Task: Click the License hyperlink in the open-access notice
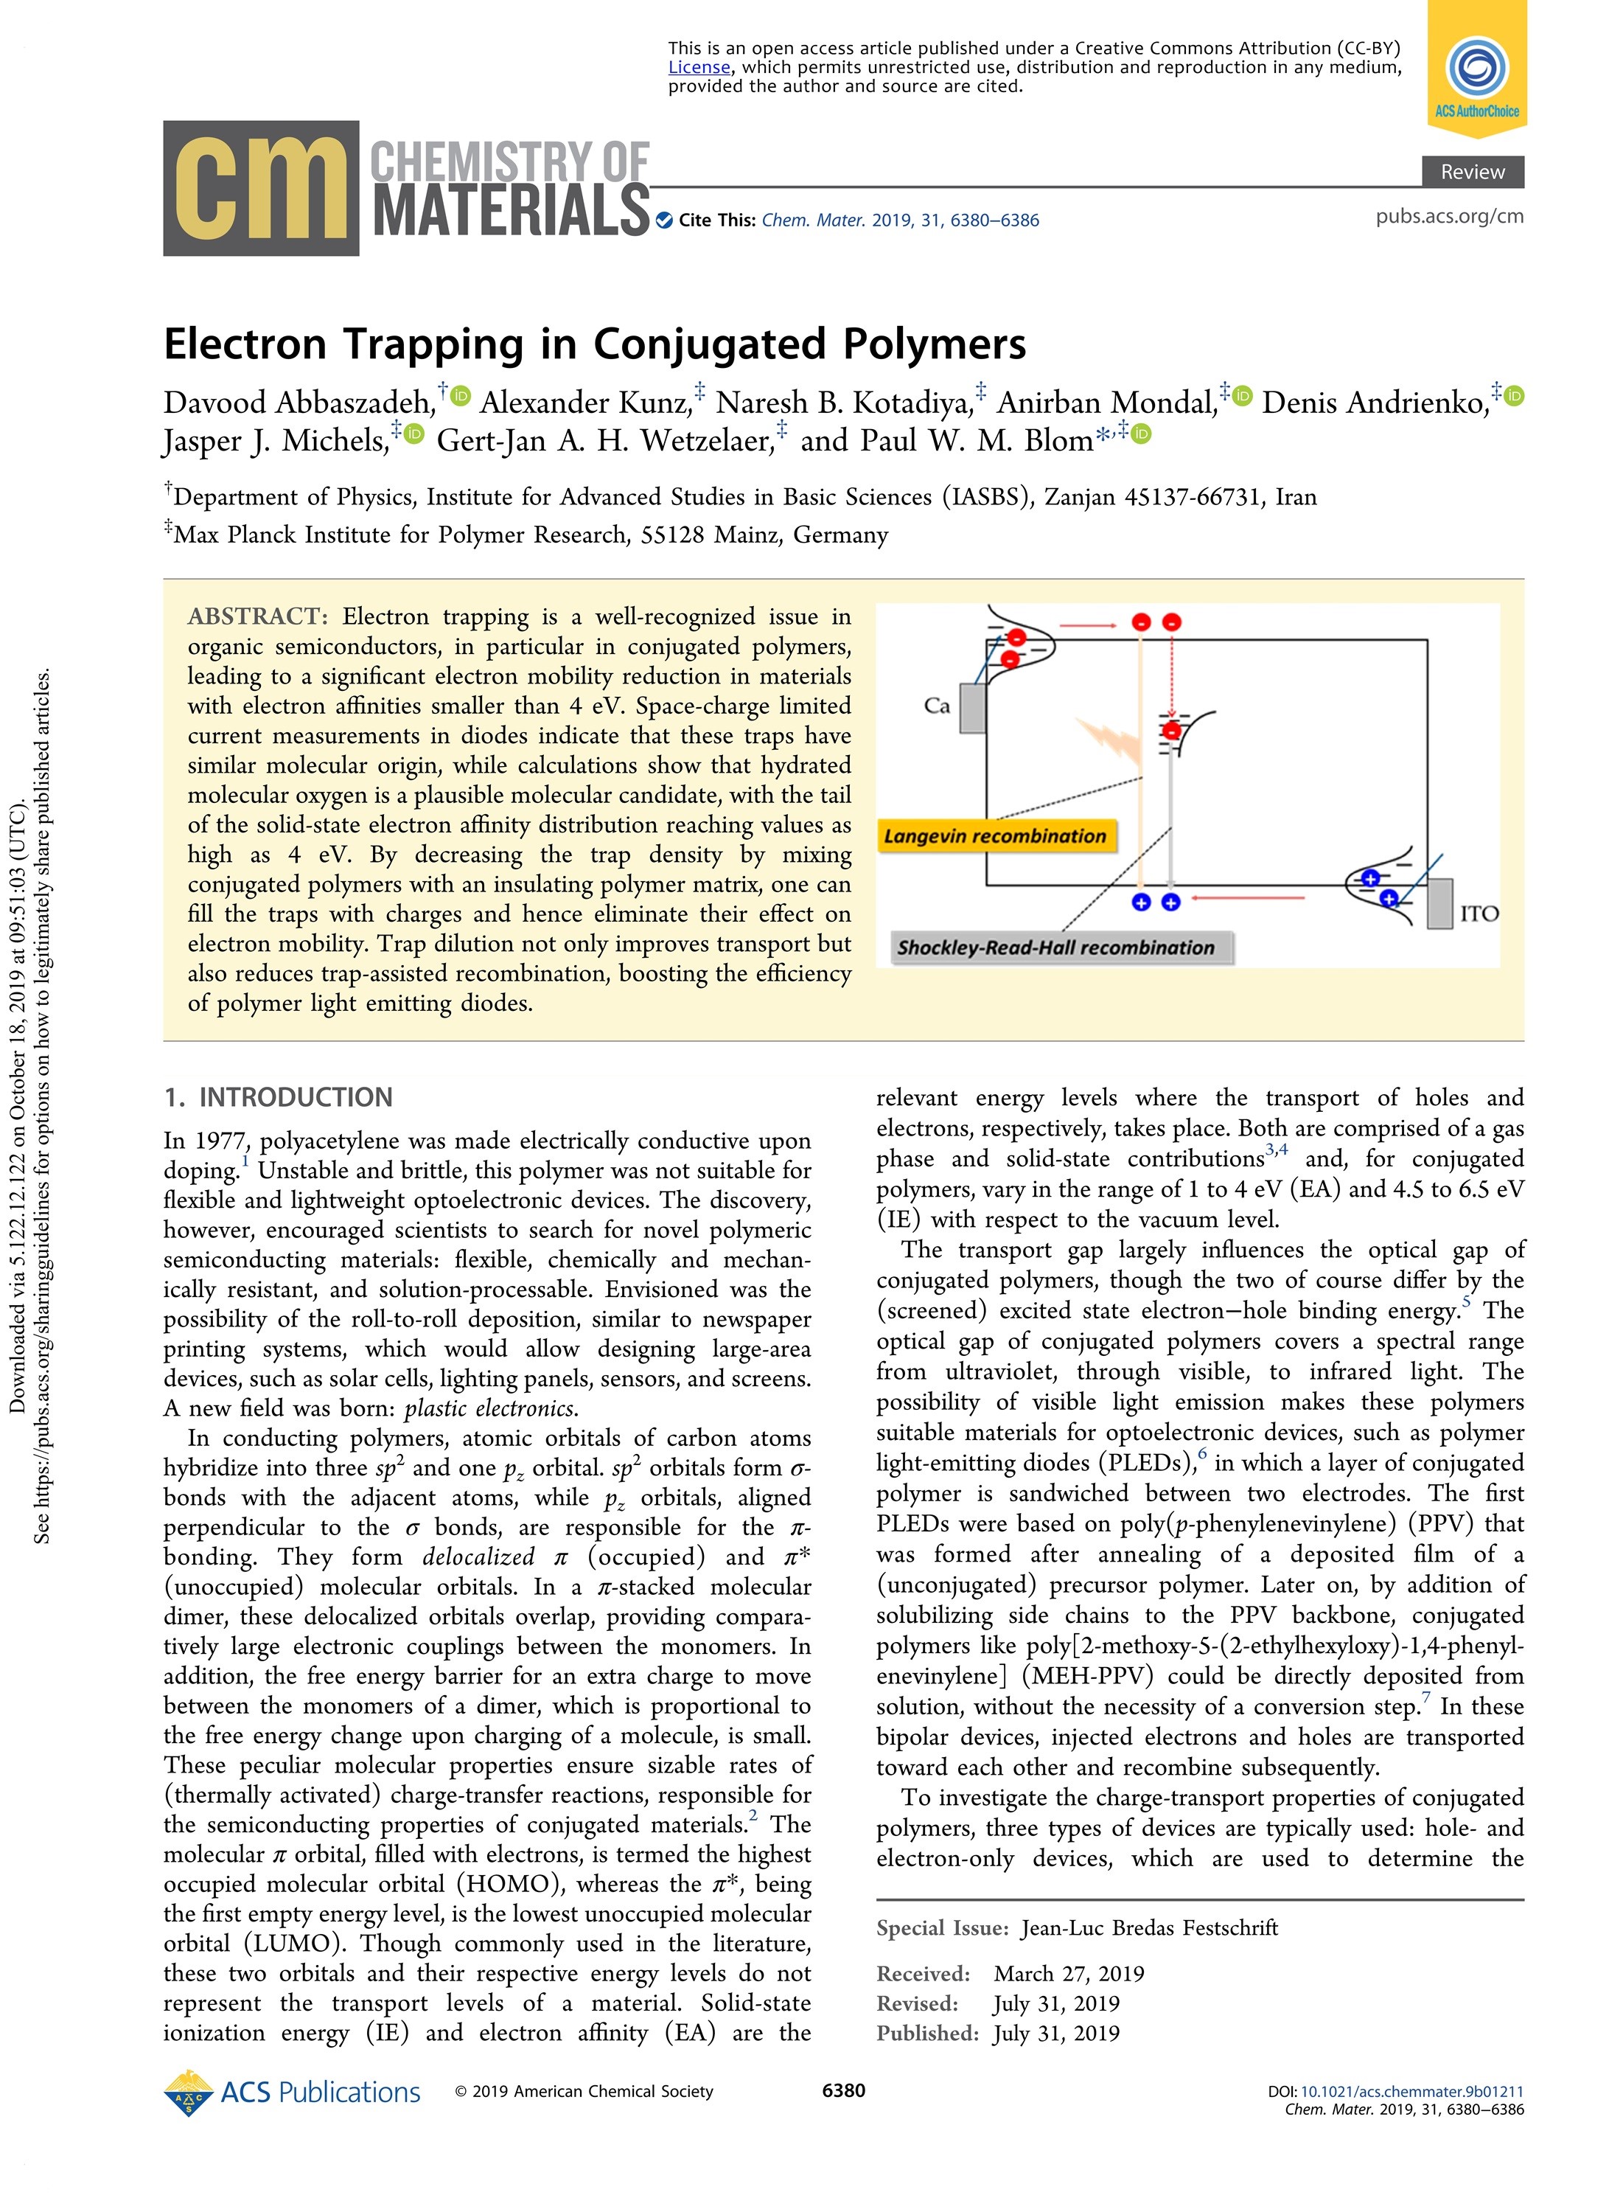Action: point(699,68)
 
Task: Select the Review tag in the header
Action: point(1472,172)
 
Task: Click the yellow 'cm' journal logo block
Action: point(260,189)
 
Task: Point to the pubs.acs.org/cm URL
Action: point(1449,216)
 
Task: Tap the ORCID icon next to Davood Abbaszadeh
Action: point(461,396)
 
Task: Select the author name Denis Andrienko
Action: point(1375,403)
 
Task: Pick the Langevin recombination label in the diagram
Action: point(994,836)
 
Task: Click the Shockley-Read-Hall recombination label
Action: point(1055,947)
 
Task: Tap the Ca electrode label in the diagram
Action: point(936,706)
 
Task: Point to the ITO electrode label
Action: point(1479,914)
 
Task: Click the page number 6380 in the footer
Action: point(843,2090)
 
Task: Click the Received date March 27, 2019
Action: point(1068,1973)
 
